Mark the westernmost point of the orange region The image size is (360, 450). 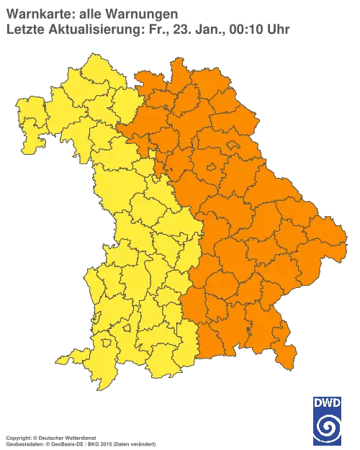[120, 129]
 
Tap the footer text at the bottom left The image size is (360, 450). [65, 437]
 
